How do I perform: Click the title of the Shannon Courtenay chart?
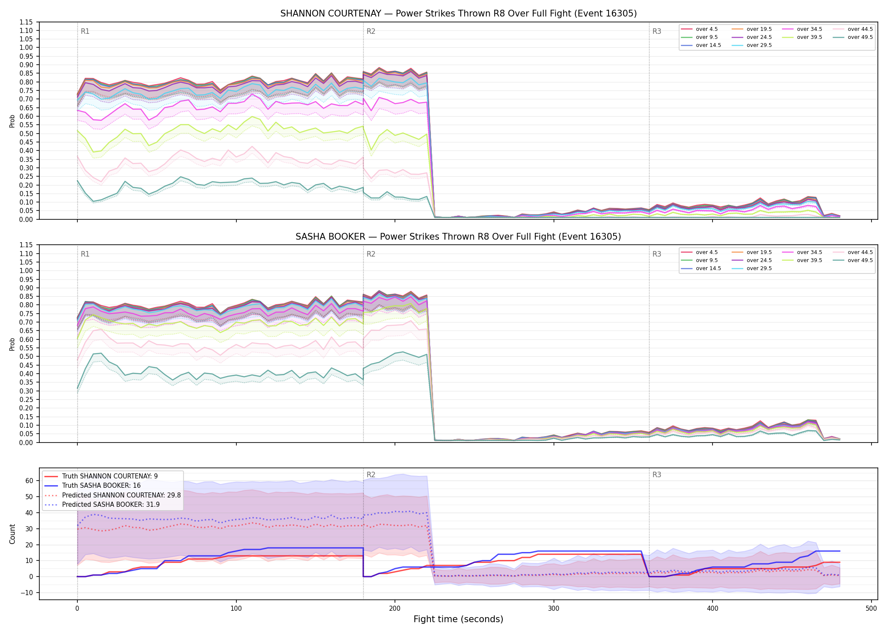[458, 14]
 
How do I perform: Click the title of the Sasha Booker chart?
[458, 237]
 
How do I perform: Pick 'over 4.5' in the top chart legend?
[707, 29]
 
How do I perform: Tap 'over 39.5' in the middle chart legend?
[809, 260]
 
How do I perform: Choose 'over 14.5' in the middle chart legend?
[708, 268]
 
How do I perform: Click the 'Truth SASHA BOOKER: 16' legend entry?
[101, 486]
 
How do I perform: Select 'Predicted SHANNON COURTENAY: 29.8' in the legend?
[121, 495]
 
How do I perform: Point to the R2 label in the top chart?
[371, 31]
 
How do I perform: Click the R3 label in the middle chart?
[657, 254]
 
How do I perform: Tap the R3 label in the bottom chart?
[657, 475]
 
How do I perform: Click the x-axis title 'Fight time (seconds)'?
[458, 619]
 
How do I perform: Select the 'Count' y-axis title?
[12, 534]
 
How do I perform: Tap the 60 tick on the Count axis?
[29, 481]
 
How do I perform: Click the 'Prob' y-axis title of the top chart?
[12, 121]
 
